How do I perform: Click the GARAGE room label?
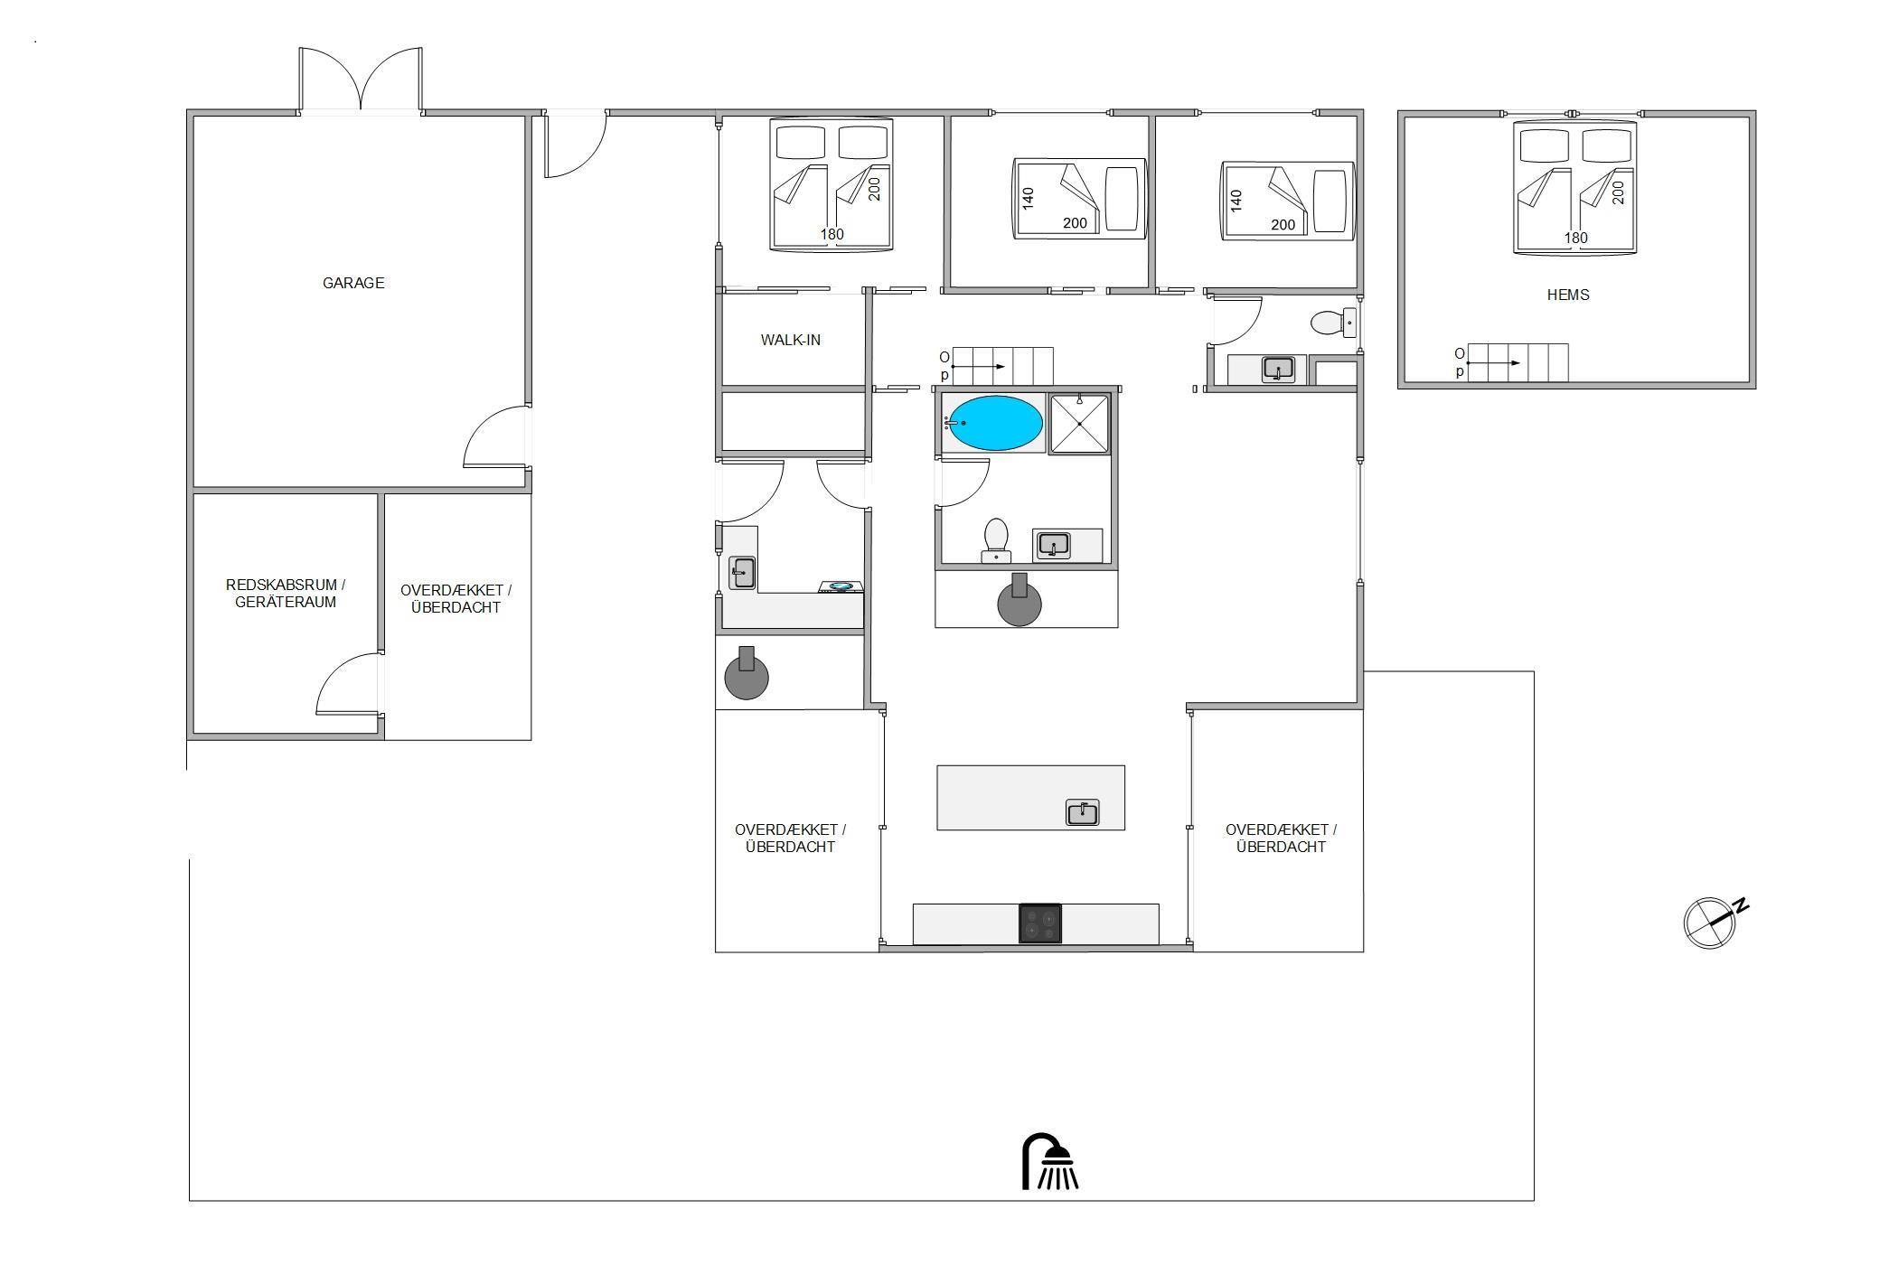(x=353, y=283)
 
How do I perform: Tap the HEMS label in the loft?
(x=1568, y=295)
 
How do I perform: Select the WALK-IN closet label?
(x=791, y=340)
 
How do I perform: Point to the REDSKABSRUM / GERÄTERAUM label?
(x=286, y=594)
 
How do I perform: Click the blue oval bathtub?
(x=995, y=423)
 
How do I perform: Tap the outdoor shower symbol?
(x=1050, y=1162)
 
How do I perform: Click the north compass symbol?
(x=1715, y=922)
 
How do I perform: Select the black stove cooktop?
(x=1040, y=923)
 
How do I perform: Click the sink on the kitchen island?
(x=1083, y=812)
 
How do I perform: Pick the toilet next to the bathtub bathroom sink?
(x=996, y=539)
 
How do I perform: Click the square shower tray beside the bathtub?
(x=1080, y=424)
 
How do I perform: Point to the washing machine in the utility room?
(x=841, y=587)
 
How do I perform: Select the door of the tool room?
(x=349, y=684)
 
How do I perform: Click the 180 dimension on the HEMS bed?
(x=1575, y=238)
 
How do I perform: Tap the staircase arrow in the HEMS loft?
(x=1493, y=362)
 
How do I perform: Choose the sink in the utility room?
(x=743, y=573)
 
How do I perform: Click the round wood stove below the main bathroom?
(x=1019, y=601)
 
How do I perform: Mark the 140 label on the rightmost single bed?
(x=1236, y=200)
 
